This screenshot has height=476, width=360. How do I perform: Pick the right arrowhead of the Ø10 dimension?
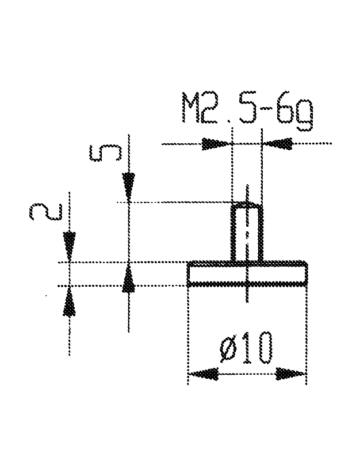point(291,374)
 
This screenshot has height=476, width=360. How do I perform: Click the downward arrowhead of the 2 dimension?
point(69,246)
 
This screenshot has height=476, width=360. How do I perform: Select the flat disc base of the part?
point(248,272)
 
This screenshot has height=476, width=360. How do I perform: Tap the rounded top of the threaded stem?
point(247,205)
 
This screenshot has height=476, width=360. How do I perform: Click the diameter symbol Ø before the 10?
point(228,350)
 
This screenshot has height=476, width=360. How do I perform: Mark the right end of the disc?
point(307,272)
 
